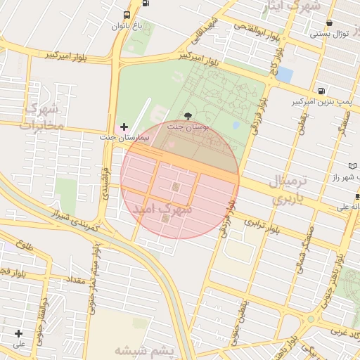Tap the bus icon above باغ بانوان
[x=127, y=15]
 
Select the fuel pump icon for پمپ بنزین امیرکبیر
[x=321, y=91]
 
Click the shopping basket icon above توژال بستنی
[x=329, y=22]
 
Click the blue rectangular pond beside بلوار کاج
[x=285, y=73]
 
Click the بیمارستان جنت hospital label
[x=125, y=137]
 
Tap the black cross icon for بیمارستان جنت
[x=124, y=127]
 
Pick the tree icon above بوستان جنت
[x=187, y=115]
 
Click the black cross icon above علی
[x=18, y=333]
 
